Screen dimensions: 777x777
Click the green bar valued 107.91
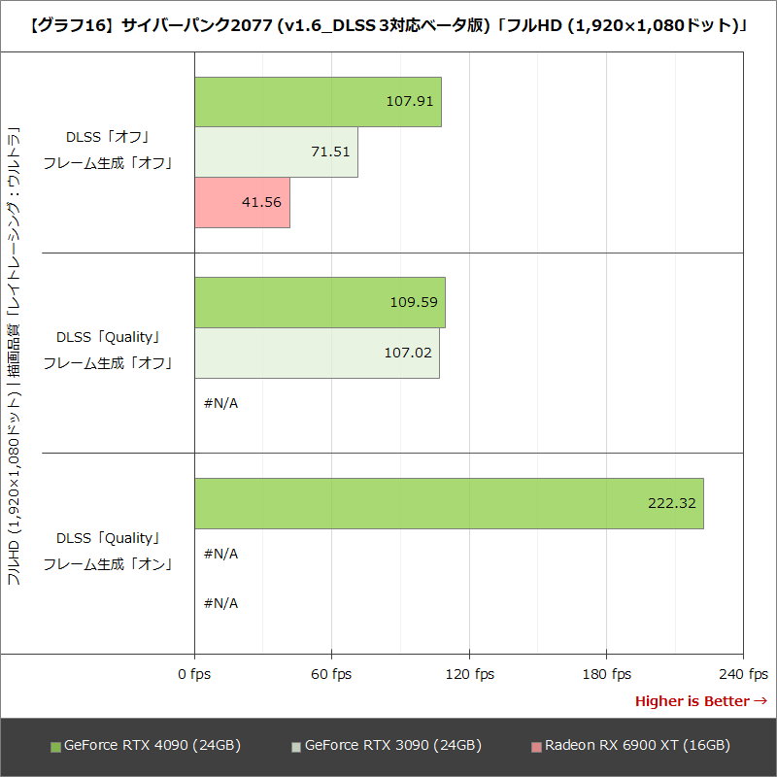(x=318, y=102)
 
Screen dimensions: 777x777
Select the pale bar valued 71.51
(x=276, y=152)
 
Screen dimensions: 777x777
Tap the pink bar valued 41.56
(x=242, y=203)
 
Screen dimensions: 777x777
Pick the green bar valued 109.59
(x=320, y=302)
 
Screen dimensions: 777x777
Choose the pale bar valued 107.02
(x=317, y=353)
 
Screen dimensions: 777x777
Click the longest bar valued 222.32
(x=449, y=503)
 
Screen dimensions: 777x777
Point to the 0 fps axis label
(x=194, y=674)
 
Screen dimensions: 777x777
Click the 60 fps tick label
(x=331, y=674)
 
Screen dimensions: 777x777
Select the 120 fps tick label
(x=469, y=674)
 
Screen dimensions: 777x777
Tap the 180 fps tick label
(x=606, y=674)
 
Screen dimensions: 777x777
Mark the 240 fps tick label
(x=744, y=674)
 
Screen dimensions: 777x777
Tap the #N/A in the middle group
(x=220, y=403)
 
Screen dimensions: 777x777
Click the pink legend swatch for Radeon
(x=536, y=747)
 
